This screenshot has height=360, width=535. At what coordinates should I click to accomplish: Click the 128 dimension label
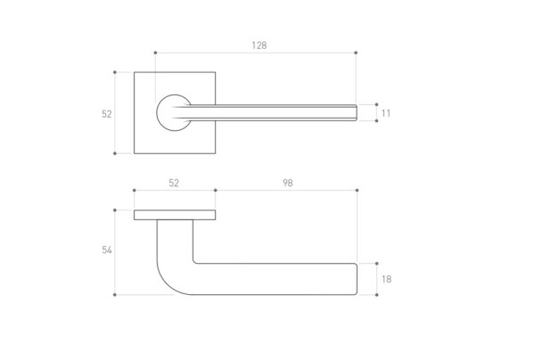[x=259, y=45]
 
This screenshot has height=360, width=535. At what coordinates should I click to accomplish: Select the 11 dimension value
[x=386, y=113]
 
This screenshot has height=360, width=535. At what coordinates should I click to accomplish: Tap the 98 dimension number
[x=288, y=183]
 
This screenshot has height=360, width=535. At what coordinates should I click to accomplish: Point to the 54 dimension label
[x=107, y=250]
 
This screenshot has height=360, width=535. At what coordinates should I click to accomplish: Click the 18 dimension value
[x=386, y=279]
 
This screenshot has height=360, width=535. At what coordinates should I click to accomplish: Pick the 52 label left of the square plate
[x=107, y=114]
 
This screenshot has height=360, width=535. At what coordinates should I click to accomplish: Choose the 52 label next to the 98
[x=174, y=183]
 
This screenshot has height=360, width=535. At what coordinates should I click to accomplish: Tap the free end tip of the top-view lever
[x=357, y=113]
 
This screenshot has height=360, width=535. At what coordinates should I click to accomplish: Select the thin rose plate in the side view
[x=175, y=215]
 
